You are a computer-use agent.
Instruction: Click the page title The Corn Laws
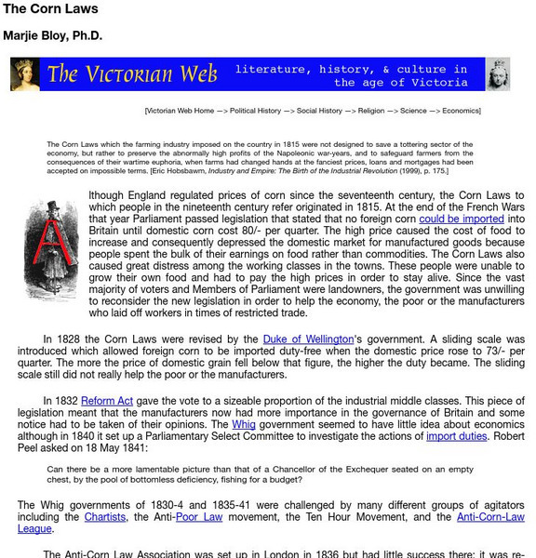[x=51, y=10]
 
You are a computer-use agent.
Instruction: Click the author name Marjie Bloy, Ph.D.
[x=53, y=37]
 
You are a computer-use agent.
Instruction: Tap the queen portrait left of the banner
[x=25, y=74]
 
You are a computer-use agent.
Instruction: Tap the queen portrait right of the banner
[x=498, y=74]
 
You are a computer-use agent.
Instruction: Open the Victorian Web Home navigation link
[x=180, y=111]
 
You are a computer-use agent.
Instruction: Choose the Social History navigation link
[x=319, y=111]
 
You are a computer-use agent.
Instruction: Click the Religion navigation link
[x=371, y=111]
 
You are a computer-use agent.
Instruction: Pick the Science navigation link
[x=413, y=111]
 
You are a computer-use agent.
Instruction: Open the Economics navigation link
[x=461, y=111]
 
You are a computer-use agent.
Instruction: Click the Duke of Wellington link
[x=308, y=339]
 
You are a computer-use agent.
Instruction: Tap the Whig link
[x=244, y=423]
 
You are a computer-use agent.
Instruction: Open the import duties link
[x=456, y=435]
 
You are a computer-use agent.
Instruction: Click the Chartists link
[x=104, y=516]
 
